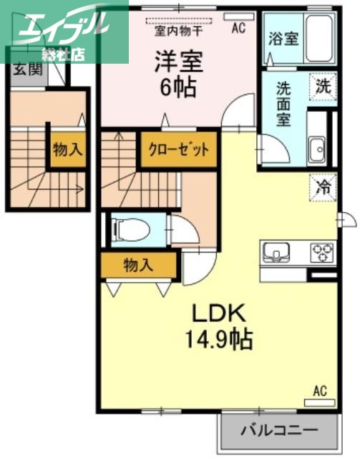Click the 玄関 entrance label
[26, 69]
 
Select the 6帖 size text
[179, 88]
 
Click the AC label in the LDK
[319, 391]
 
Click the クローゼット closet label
[178, 150]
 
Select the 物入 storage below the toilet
[138, 265]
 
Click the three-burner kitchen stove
[321, 253]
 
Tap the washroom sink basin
[315, 150]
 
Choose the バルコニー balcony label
[278, 432]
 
